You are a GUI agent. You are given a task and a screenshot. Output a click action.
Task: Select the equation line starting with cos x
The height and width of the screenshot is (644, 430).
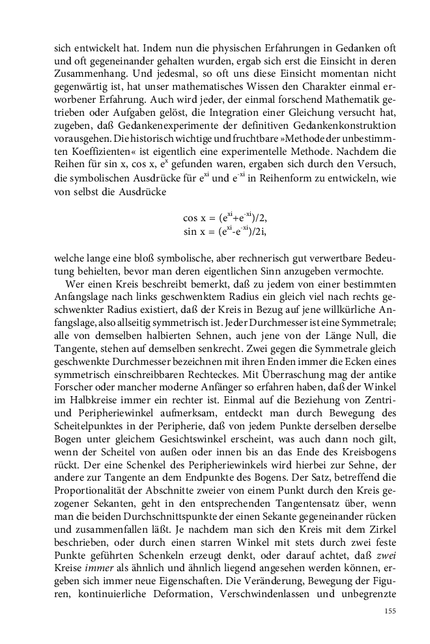click(225, 217)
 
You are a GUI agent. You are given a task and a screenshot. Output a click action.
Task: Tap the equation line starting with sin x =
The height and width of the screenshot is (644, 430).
click(225, 230)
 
